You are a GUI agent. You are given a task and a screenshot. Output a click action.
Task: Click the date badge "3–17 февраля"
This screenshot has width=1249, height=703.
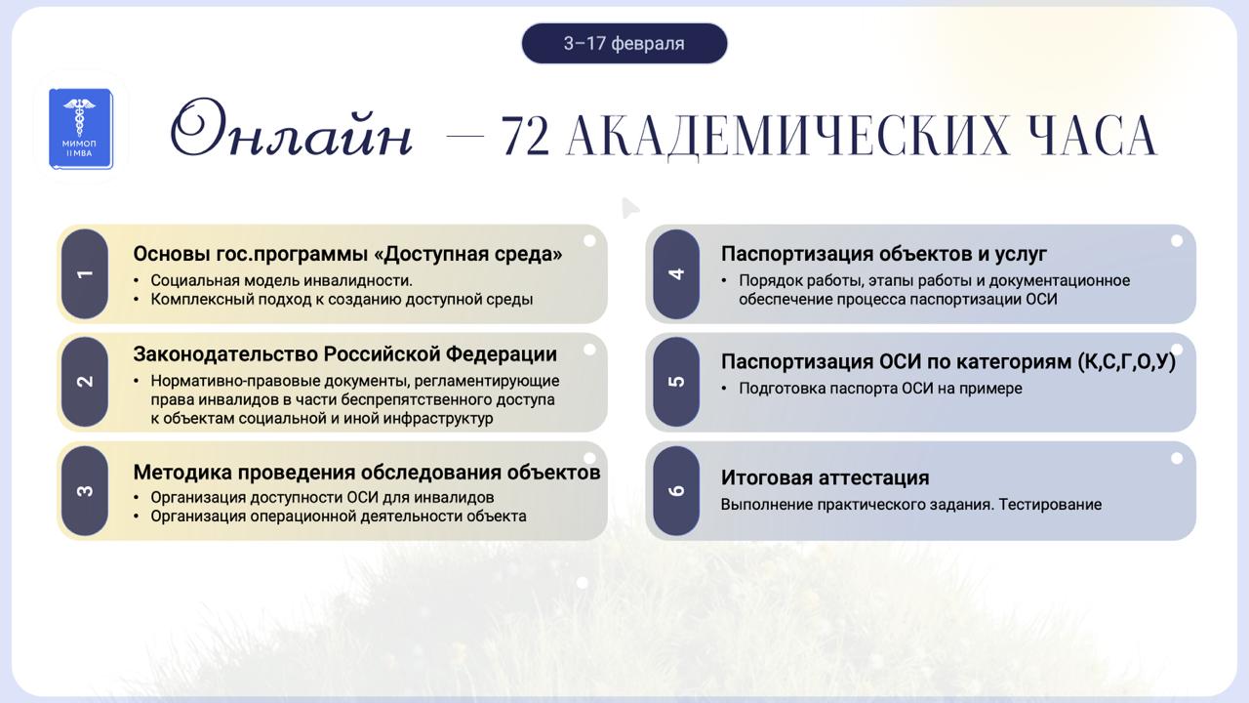click(624, 44)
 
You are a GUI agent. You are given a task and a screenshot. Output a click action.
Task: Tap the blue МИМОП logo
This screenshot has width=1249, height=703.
click(81, 128)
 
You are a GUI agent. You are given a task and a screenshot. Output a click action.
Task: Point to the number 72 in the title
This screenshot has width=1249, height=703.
click(525, 135)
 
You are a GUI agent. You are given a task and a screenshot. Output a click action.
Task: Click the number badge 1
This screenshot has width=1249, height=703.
click(85, 274)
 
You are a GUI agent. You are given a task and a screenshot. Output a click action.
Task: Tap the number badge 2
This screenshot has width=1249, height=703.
click(85, 382)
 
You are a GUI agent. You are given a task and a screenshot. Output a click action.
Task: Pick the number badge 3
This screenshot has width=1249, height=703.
click(85, 491)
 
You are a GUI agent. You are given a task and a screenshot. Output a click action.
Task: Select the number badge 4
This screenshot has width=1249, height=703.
click(676, 274)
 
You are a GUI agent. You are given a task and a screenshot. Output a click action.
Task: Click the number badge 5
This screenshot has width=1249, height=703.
click(676, 382)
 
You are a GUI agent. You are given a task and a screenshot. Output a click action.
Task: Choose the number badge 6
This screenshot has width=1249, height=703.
click(676, 491)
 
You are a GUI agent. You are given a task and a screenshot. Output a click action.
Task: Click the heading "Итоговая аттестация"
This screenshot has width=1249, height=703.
click(825, 478)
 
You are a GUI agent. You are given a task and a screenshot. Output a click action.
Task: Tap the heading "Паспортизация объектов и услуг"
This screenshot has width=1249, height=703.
click(884, 255)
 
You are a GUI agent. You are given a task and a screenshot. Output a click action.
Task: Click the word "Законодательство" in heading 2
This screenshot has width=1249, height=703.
click(225, 354)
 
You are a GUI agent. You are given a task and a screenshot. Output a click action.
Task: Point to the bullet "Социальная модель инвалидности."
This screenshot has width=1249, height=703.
click(282, 280)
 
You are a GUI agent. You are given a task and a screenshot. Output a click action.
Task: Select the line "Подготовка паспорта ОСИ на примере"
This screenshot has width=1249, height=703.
click(880, 389)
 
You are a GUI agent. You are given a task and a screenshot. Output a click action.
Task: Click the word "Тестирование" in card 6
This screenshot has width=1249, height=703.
click(1050, 505)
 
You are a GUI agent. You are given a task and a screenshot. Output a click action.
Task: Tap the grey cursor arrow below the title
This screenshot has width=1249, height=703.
click(630, 208)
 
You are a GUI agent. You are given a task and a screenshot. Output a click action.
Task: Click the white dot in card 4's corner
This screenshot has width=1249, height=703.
click(1177, 241)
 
